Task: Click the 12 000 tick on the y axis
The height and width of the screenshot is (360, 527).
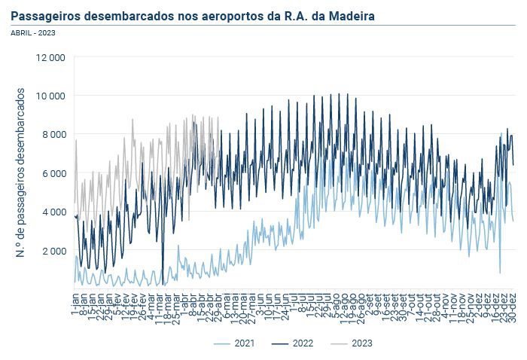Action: (x=50, y=57)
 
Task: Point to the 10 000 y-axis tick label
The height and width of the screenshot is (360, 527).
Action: (x=50, y=96)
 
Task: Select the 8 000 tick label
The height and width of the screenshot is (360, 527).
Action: (x=53, y=135)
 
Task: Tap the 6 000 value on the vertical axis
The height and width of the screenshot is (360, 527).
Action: (x=53, y=173)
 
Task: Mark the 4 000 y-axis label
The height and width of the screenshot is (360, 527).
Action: (x=53, y=212)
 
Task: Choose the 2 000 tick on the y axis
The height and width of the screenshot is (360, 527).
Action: (x=53, y=251)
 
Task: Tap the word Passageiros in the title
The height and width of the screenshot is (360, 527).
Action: (x=47, y=15)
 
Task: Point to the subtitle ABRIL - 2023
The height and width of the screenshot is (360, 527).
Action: (x=33, y=32)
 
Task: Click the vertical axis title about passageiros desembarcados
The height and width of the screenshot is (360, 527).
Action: (x=20, y=172)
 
